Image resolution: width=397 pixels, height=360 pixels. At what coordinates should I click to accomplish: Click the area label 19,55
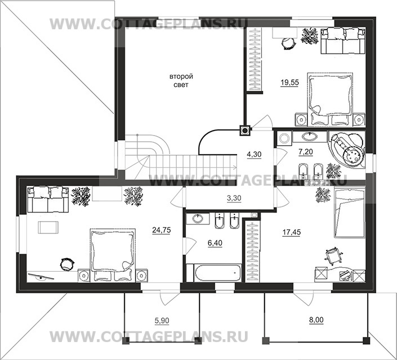tap(289, 83)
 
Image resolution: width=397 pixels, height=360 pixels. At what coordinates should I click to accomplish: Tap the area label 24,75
tap(162, 230)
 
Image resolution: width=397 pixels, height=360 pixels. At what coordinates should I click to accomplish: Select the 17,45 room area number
tap(292, 232)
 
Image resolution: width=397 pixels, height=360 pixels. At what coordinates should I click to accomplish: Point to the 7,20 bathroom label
tap(306, 152)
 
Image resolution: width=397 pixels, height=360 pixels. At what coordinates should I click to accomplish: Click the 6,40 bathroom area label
tap(215, 243)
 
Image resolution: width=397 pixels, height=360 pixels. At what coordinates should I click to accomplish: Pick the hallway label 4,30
tap(254, 154)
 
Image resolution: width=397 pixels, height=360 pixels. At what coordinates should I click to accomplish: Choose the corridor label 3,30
tap(234, 199)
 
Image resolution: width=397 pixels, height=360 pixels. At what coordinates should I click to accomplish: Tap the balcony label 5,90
tap(162, 321)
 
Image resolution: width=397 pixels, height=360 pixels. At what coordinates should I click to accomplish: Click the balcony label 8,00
tap(316, 320)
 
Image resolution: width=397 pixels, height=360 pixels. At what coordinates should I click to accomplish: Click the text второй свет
tap(181, 80)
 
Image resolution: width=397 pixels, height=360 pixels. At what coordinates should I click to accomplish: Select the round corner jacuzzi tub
tap(347, 150)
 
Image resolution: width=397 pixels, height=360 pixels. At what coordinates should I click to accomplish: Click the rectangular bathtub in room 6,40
tap(218, 273)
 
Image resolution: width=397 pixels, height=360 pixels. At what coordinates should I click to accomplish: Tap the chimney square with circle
tap(245, 131)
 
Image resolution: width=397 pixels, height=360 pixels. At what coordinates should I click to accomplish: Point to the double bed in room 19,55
tap(330, 99)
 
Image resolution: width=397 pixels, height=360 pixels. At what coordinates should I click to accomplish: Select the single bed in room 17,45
tap(349, 213)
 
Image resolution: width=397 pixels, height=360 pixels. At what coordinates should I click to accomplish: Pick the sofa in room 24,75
tap(48, 200)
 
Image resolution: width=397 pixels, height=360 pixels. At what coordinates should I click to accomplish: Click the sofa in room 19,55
tap(343, 41)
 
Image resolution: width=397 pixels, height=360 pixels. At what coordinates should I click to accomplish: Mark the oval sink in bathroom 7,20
tap(309, 137)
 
